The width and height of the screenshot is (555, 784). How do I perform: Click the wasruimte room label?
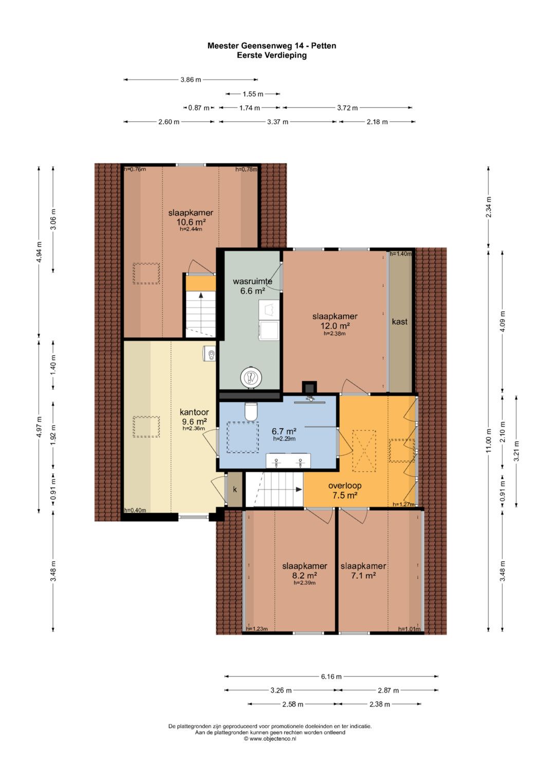pyautogui.click(x=252, y=281)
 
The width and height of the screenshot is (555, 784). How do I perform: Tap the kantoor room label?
pyautogui.click(x=194, y=412)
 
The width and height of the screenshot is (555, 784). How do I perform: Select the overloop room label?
pyautogui.click(x=344, y=486)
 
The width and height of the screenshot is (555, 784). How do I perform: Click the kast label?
pyautogui.click(x=399, y=321)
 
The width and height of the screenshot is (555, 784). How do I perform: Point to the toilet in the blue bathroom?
pyautogui.click(x=251, y=411)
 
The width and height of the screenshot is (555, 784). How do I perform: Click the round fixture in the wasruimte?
pyautogui.click(x=251, y=377)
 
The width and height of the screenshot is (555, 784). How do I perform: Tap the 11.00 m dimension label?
pyautogui.click(x=488, y=441)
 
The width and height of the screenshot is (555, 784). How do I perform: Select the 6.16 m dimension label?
pyautogui.click(x=331, y=677)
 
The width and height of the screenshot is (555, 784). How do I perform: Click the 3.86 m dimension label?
pyautogui.click(x=191, y=80)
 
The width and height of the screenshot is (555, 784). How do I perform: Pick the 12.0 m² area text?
pyautogui.click(x=335, y=326)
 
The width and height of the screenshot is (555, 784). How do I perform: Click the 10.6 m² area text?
pyautogui.click(x=191, y=222)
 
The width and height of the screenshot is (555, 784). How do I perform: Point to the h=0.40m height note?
pyautogui.click(x=135, y=510)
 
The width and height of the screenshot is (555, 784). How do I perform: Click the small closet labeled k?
pyautogui.click(x=235, y=489)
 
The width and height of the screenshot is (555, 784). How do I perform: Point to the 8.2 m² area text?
pyautogui.click(x=304, y=576)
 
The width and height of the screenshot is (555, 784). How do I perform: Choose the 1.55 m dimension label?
pyautogui.click(x=253, y=94)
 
